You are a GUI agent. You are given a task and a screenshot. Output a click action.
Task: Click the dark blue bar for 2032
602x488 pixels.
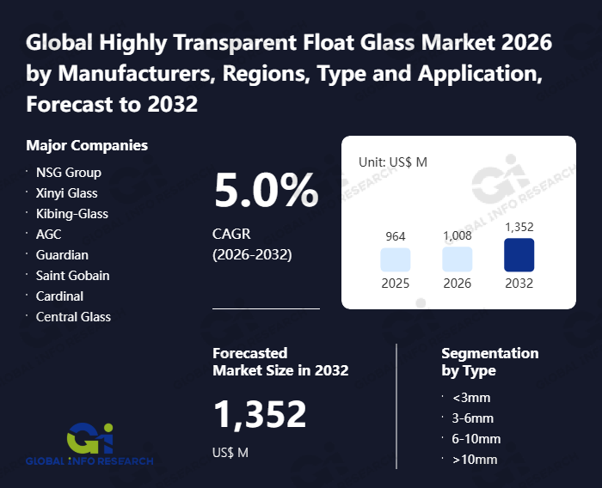click(x=519, y=255)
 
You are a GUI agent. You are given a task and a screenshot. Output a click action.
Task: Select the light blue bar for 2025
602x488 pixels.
click(x=395, y=259)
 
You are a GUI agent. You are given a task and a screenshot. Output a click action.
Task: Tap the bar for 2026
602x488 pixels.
click(x=457, y=259)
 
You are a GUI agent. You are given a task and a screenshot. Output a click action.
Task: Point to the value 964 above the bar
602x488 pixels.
click(x=395, y=236)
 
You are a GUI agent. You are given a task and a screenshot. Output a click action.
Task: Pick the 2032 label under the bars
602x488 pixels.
click(x=519, y=284)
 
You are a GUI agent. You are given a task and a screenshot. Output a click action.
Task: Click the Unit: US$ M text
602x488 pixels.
click(x=393, y=162)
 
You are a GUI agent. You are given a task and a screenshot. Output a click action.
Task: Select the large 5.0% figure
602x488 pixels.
click(x=266, y=191)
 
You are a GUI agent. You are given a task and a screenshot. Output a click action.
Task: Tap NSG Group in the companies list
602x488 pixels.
click(x=68, y=172)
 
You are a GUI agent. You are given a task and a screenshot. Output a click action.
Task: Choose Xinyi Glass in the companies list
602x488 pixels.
click(x=66, y=192)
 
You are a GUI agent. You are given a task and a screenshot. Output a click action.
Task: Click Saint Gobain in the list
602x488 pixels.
click(x=72, y=275)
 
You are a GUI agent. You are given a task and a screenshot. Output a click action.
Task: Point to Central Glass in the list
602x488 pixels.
click(x=73, y=316)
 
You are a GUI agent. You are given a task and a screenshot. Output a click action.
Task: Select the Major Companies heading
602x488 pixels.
click(x=87, y=145)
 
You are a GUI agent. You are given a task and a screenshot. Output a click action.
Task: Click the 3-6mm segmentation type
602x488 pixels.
click(x=473, y=418)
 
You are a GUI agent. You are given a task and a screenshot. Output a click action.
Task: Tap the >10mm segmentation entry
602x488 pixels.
click(x=475, y=460)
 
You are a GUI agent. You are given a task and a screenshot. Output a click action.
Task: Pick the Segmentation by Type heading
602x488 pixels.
click(x=489, y=362)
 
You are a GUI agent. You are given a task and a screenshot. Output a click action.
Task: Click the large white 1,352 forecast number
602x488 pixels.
click(x=260, y=415)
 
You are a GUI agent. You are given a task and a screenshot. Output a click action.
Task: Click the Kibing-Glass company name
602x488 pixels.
click(x=71, y=213)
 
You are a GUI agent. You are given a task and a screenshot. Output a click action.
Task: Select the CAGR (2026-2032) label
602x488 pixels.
click(x=252, y=244)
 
